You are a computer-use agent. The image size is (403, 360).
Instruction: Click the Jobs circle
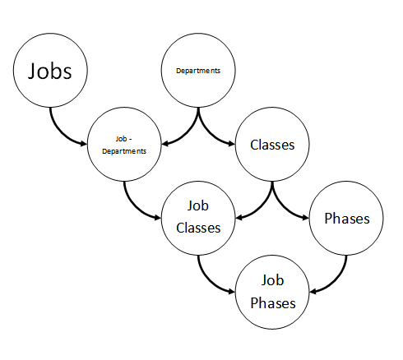point(50,71)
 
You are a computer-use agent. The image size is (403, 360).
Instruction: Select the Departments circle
point(198,71)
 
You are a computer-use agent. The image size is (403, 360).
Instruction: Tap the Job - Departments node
point(124,145)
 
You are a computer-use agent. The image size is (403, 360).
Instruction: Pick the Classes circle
point(272,145)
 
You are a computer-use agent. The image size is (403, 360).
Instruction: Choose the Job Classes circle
point(198,219)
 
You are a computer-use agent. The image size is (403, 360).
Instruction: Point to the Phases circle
point(346,219)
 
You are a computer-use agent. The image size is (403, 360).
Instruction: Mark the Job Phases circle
point(272,292)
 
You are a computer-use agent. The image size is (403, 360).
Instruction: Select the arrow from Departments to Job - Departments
point(189,132)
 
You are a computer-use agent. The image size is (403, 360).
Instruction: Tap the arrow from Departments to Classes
point(207,132)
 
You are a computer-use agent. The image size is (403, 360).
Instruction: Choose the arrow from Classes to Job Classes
point(263,206)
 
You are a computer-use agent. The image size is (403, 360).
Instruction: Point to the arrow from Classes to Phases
point(281,206)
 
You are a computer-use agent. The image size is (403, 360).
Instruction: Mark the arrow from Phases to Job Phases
point(337,280)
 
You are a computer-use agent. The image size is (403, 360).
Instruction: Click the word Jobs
point(50,71)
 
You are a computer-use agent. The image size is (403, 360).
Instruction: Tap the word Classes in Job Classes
point(198,228)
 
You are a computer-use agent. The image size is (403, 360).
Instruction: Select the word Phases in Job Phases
point(273,303)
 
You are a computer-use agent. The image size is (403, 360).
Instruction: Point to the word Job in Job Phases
point(272,280)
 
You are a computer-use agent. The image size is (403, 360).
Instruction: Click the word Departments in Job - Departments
point(124,151)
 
